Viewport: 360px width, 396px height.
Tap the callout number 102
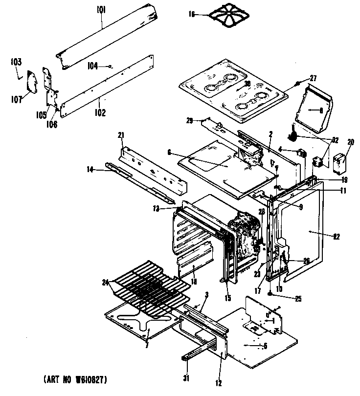coord(100,112)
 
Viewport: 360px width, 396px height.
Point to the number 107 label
coord(17,99)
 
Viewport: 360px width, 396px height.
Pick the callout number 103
coord(16,62)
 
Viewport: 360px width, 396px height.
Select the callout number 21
coord(121,135)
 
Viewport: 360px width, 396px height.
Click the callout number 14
coord(90,169)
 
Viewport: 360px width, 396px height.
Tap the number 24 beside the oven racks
coord(105,282)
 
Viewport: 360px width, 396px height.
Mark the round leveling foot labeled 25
coord(270,294)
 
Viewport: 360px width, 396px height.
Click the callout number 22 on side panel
coord(336,237)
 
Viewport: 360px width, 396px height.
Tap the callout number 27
coord(313,78)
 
